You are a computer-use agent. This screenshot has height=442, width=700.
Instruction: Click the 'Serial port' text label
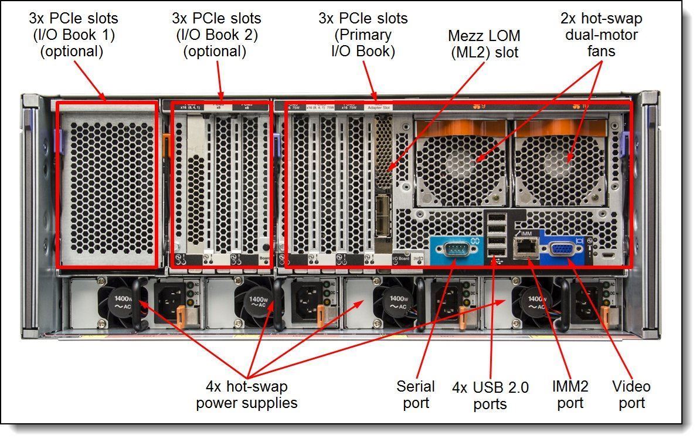tap(416, 395)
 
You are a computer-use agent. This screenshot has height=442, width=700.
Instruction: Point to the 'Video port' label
tap(631, 395)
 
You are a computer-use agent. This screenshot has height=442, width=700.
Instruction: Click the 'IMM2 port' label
tap(570, 395)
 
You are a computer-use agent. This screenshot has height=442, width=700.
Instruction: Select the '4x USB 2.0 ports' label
tap(490, 396)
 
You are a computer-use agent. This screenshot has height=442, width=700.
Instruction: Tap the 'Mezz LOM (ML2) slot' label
tap(484, 44)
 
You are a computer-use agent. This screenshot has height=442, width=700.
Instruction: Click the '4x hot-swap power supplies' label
tap(247, 395)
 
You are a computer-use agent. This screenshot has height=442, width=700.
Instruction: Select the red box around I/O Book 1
tap(107, 185)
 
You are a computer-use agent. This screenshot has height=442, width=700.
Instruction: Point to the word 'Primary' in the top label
tap(363, 35)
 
